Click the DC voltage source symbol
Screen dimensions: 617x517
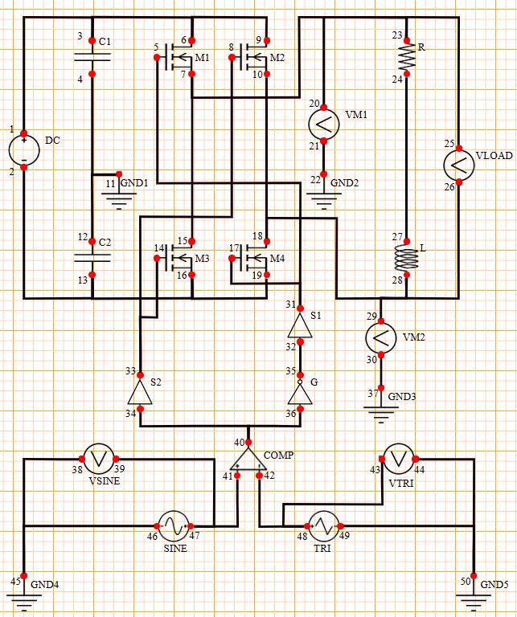click(24, 150)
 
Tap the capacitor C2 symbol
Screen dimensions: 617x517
click(92, 258)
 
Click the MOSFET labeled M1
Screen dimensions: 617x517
click(178, 57)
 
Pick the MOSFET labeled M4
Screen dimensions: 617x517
click(253, 259)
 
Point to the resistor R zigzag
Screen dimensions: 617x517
click(408, 56)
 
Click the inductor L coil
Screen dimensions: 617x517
click(408, 257)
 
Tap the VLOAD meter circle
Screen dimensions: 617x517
click(458, 164)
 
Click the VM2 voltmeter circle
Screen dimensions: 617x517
click(381, 337)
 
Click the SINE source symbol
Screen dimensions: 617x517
click(173, 526)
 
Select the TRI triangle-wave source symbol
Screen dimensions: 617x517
click(324, 526)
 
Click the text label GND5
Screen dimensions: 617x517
click(494, 584)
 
